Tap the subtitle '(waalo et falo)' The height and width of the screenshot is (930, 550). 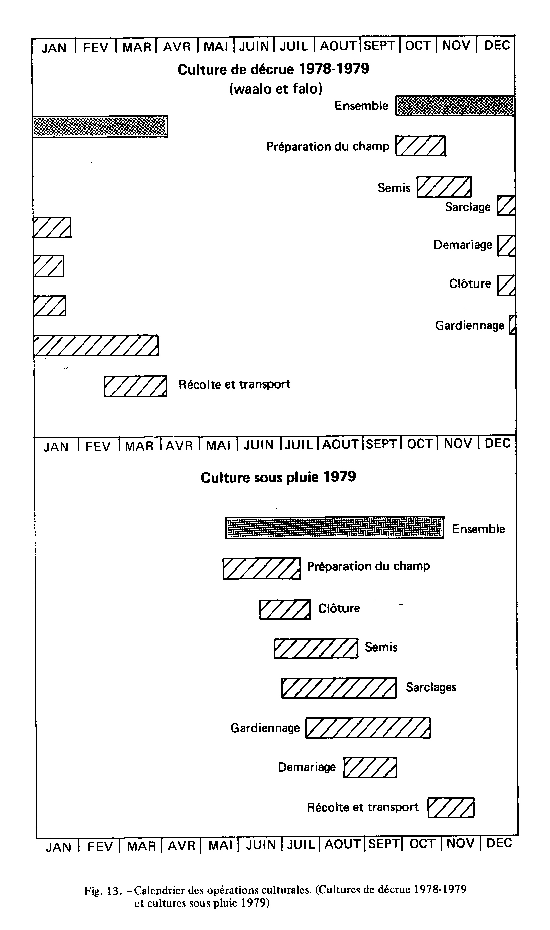276,89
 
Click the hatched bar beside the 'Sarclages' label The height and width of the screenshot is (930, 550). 339,688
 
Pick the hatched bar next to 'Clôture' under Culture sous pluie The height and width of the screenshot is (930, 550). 285,609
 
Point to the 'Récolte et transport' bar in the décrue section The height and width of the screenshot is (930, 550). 136,386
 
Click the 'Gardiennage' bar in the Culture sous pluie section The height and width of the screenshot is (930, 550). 368,728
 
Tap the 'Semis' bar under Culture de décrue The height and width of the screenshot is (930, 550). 444,187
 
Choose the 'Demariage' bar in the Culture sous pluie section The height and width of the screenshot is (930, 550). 370,768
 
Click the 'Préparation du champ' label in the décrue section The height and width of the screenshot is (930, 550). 328,147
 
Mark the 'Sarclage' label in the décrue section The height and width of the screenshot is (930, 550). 468,207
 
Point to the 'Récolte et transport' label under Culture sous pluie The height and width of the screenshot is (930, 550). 363,807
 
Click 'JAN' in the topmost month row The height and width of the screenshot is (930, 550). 54,48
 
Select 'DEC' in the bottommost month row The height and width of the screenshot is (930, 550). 499,843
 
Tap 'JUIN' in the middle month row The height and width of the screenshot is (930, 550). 259,445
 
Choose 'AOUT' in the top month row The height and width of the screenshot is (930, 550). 338,46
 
